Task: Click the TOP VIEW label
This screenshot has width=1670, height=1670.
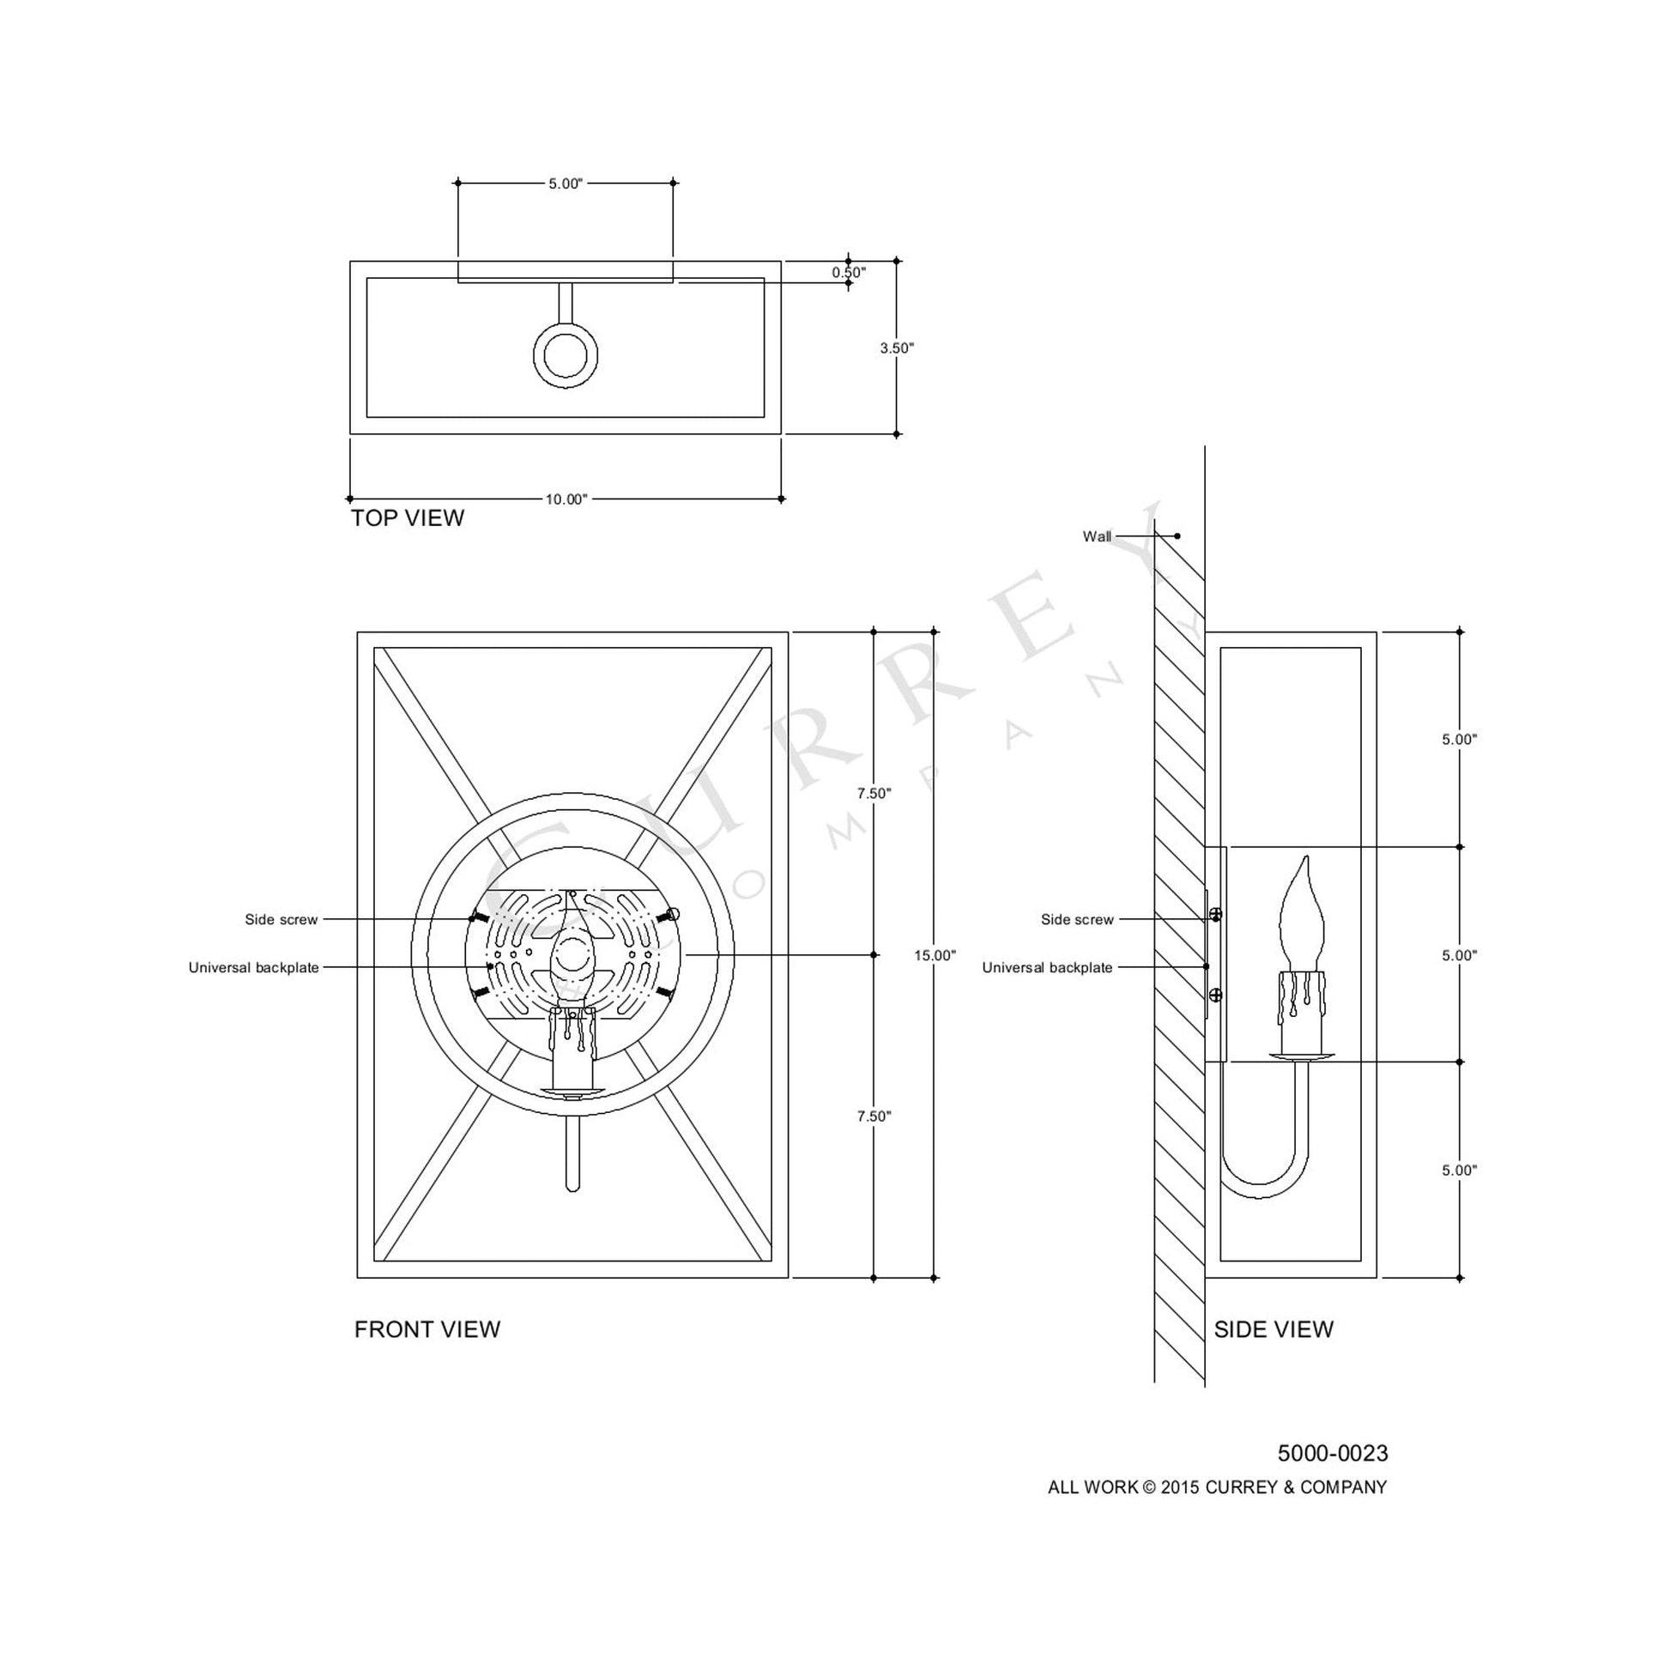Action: click(407, 517)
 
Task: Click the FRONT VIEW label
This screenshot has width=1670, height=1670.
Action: click(427, 1329)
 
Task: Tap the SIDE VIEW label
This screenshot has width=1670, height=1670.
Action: click(1274, 1329)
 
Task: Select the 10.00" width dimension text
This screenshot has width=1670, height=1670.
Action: click(566, 499)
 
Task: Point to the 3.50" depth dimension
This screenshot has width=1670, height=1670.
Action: click(897, 348)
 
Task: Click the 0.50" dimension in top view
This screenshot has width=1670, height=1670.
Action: click(849, 272)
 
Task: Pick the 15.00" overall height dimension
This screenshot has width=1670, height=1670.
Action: click(935, 956)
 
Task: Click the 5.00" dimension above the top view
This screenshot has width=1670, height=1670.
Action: click(566, 185)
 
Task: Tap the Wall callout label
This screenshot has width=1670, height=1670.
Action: click(1097, 537)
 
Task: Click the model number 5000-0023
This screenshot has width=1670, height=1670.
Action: click(1333, 1454)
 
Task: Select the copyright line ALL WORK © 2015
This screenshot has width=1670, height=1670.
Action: click(1217, 1487)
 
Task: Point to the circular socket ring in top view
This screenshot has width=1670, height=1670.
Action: click(566, 355)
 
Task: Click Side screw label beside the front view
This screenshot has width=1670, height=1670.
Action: click(281, 920)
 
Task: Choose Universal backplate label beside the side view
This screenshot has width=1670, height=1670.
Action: click(1047, 968)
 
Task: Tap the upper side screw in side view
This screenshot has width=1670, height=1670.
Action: click(1215, 915)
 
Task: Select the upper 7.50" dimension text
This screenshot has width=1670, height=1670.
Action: click(874, 794)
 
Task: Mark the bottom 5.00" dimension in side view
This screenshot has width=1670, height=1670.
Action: click(1459, 1171)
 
